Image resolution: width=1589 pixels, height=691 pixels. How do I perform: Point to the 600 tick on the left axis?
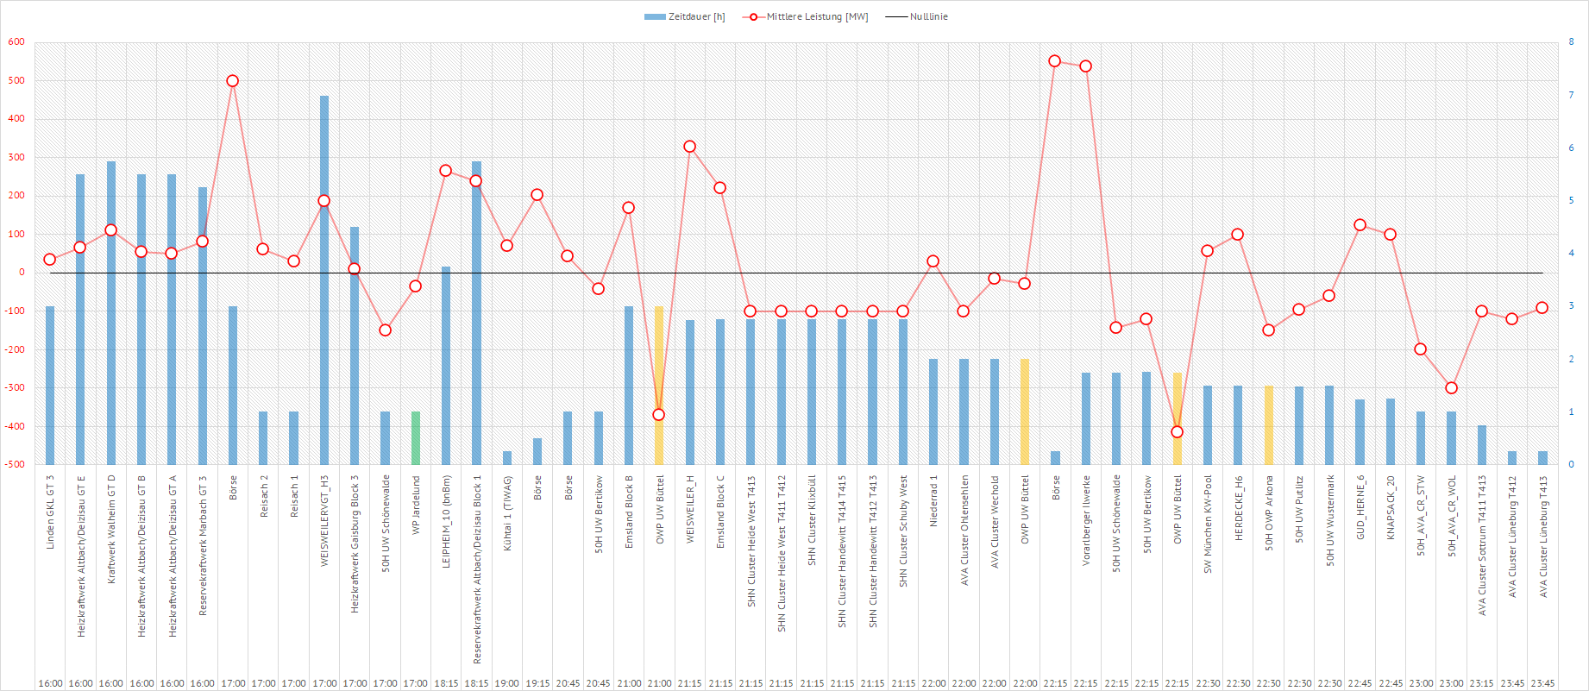tap(16, 41)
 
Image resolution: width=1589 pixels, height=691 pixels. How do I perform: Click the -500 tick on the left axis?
tap(15, 464)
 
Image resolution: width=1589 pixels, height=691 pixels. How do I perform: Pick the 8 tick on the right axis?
tap(1571, 41)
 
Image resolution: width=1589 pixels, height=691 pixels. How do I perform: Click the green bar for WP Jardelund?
tap(416, 438)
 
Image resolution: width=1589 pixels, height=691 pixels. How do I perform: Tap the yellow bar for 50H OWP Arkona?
tap(1268, 424)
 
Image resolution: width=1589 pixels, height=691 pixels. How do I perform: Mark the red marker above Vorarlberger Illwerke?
tap(1085, 66)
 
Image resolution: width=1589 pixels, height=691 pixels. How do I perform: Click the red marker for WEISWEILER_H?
tap(690, 147)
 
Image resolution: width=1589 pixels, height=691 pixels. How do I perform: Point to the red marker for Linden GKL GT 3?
tap(50, 260)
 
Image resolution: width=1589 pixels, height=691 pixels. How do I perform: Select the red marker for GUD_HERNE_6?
tap(1360, 225)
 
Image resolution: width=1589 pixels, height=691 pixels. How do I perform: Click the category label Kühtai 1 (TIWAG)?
tap(507, 514)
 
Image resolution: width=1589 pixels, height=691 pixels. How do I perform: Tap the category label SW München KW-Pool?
tap(1208, 524)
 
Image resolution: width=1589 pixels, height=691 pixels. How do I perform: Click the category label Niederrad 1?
tap(933, 501)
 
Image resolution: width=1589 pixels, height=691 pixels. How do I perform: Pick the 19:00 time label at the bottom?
tap(507, 683)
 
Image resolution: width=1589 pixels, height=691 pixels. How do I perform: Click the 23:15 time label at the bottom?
tap(1481, 683)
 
